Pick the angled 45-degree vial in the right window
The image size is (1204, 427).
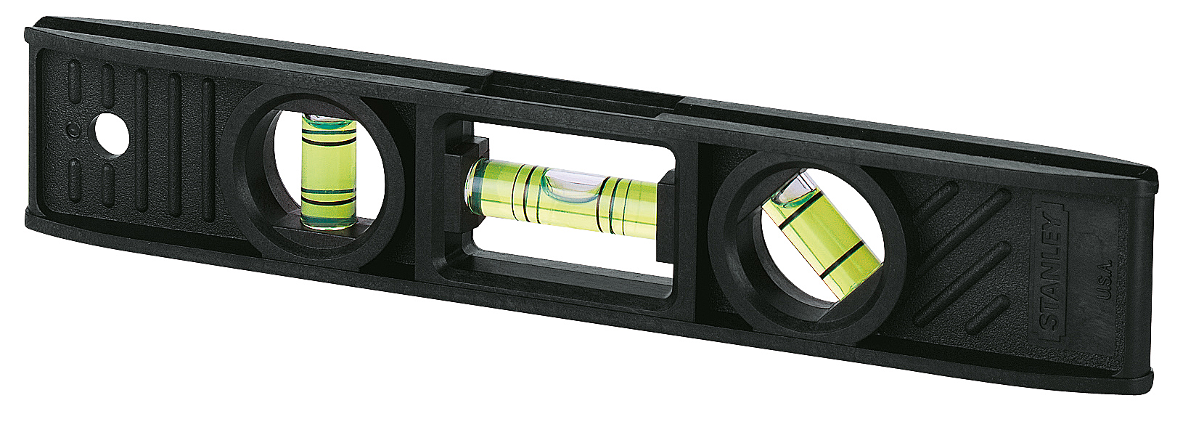coord(820,232)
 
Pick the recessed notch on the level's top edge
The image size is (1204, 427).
coord(581,82)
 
